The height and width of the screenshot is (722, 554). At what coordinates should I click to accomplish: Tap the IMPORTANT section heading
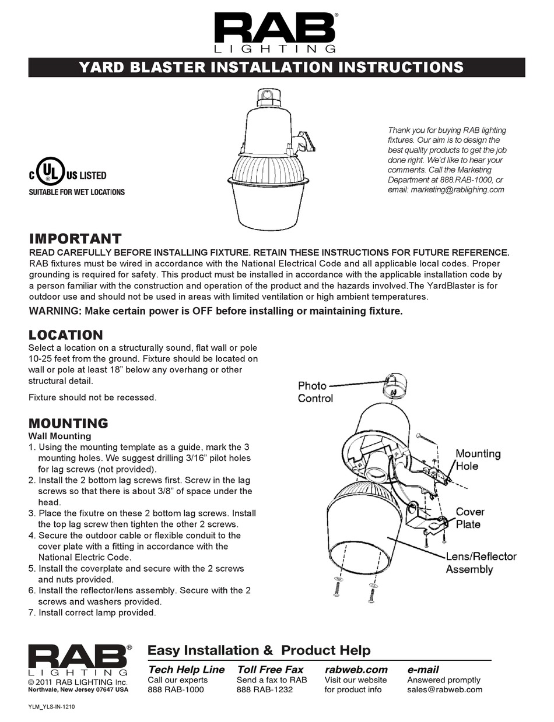pos(75,239)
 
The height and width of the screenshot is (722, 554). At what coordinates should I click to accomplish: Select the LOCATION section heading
pos(65,335)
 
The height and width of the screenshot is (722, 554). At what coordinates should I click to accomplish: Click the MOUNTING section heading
pos(68,423)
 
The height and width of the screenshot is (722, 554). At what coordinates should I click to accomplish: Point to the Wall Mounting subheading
pos(60,436)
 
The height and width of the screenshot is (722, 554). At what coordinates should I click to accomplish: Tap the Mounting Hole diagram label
pos(478,459)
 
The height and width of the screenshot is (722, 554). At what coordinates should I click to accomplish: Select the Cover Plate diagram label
pos(469,517)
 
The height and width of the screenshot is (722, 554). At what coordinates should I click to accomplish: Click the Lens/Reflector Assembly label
pos(481,562)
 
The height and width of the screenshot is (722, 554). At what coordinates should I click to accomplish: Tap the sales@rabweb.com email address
pos(444,689)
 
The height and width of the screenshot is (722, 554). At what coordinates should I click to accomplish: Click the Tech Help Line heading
pos(186,670)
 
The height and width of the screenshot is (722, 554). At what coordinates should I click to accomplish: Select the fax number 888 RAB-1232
pos(265,689)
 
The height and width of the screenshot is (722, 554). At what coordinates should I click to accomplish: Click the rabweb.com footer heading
pos(356,670)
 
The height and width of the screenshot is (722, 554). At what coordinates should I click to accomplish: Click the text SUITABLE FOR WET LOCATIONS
pos(76,192)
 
